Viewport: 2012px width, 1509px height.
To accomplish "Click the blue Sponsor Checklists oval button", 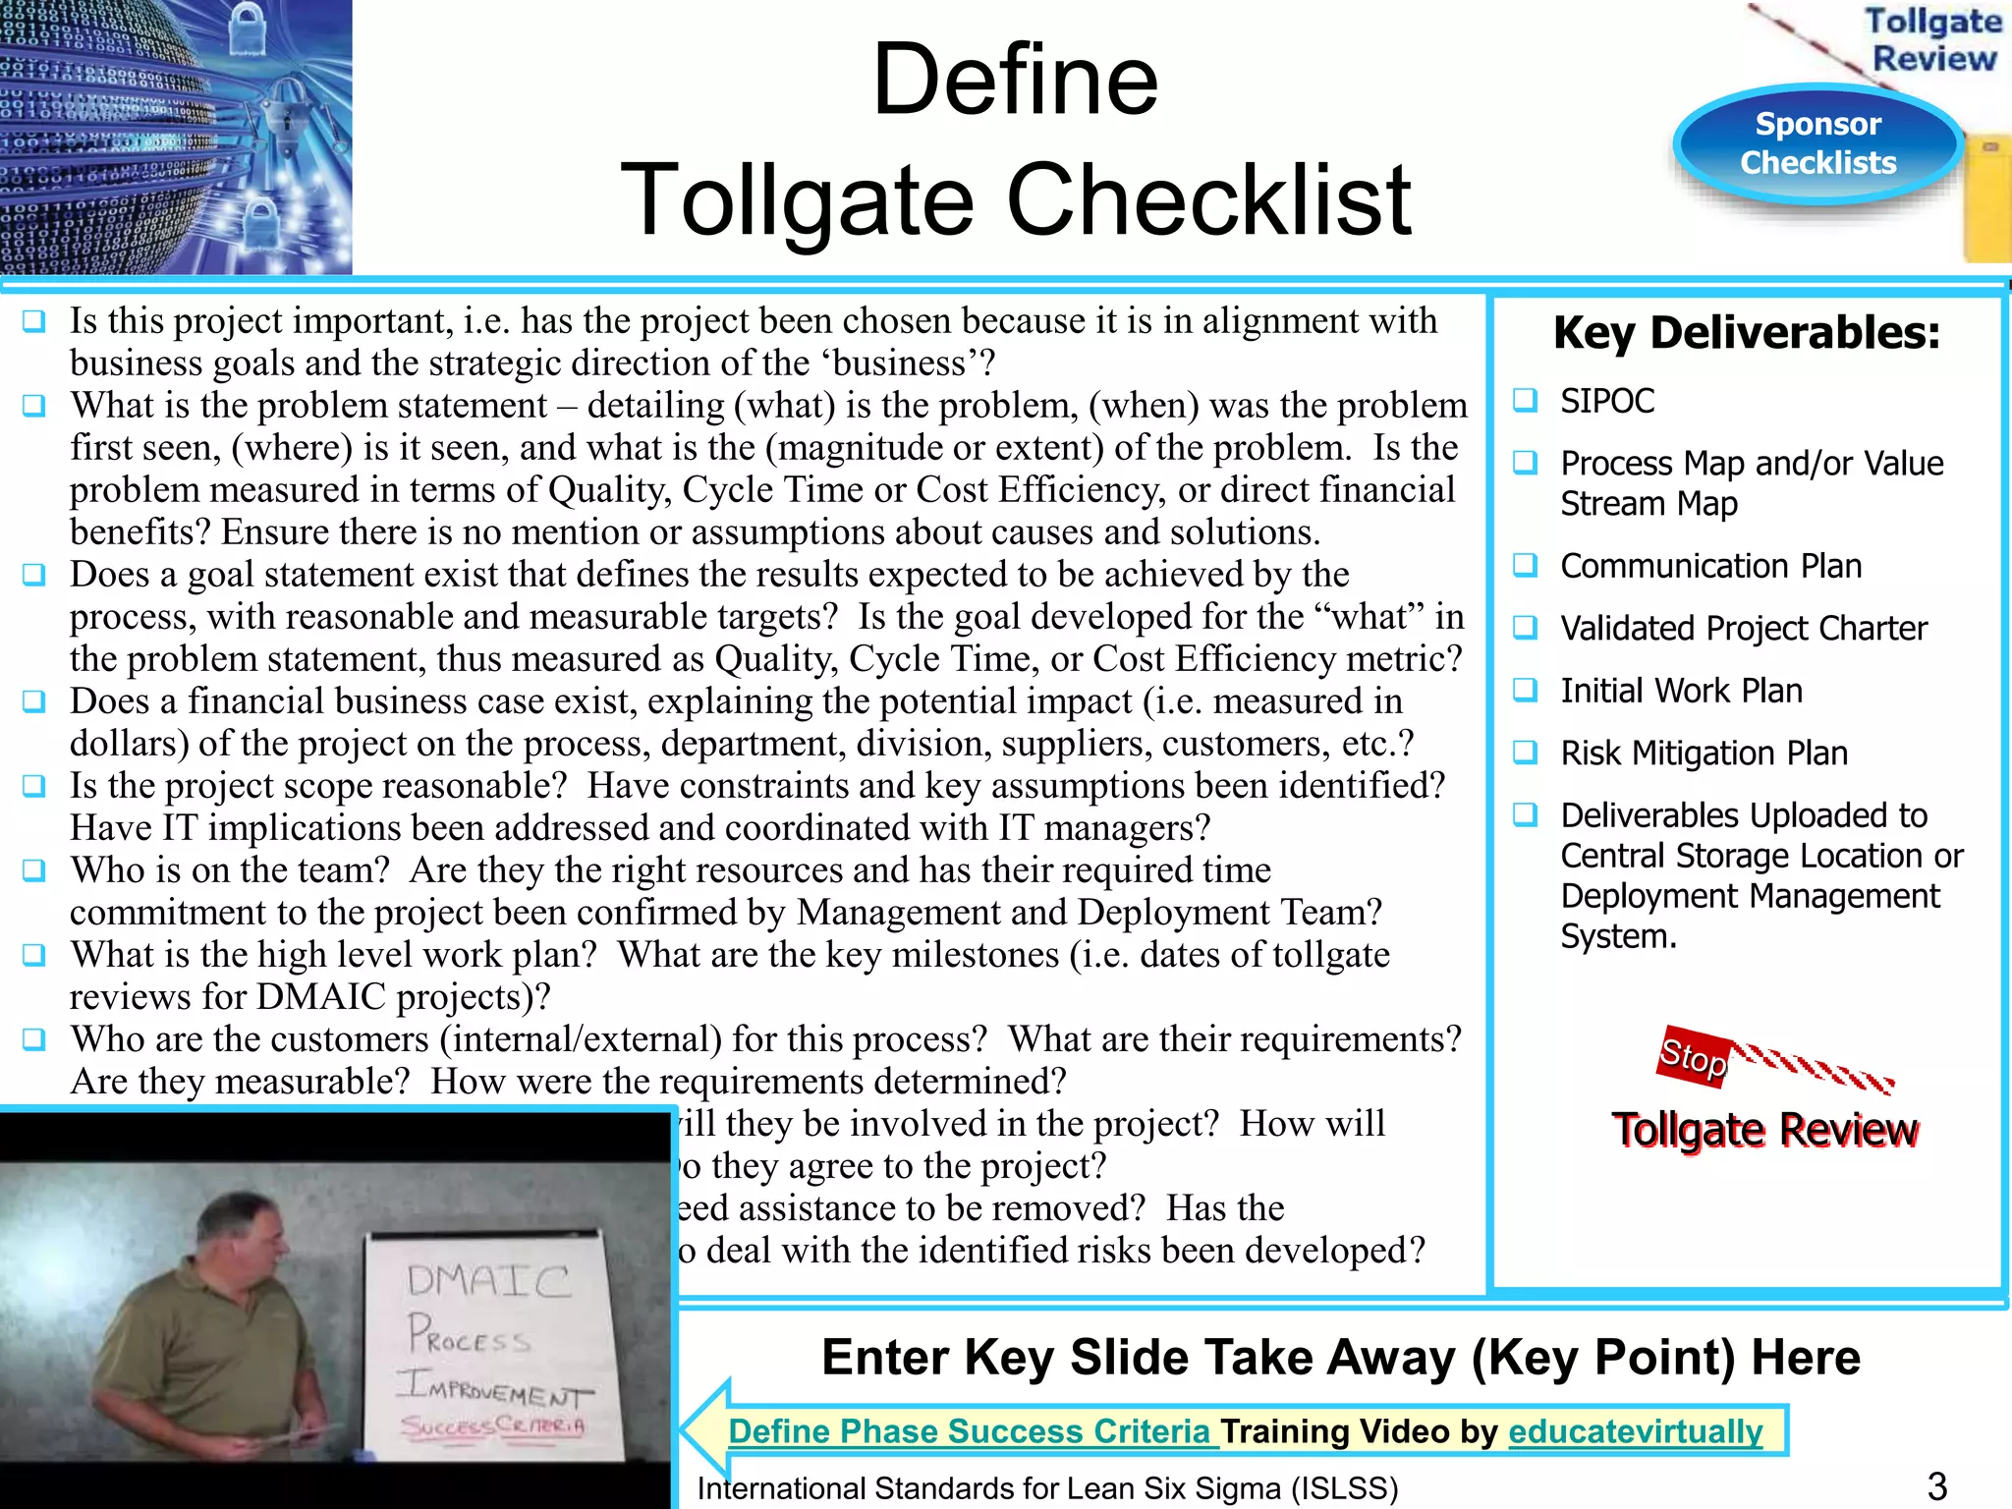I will tap(1817, 143).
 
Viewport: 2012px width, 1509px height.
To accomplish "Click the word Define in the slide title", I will tap(1015, 80).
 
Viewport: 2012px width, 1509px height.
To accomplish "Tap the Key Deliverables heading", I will tap(1746, 333).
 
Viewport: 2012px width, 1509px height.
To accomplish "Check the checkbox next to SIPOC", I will tap(1525, 400).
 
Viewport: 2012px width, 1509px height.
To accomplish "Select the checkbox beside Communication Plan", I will tap(1525, 565).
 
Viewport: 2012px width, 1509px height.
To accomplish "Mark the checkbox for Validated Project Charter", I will tap(1525, 627).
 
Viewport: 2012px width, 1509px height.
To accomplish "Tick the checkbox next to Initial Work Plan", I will tap(1525, 690).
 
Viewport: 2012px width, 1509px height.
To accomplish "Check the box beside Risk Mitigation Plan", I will tap(1525, 753).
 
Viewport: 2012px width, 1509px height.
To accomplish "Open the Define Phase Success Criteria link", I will tap(970, 1431).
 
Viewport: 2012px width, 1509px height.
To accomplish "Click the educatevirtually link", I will tap(1635, 1431).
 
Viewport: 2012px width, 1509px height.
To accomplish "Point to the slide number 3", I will tap(1936, 1486).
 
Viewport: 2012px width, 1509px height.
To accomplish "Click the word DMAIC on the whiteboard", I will tap(488, 1280).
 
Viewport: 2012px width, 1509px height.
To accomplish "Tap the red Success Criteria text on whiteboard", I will tap(493, 1425).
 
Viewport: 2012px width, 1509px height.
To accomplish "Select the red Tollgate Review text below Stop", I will tap(1764, 1130).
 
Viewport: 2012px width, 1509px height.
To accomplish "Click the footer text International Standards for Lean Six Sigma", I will tap(1047, 1488).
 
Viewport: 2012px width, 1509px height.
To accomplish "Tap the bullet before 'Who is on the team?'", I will tap(34, 870).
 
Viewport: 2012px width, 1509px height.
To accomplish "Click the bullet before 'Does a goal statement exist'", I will tap(34, 575).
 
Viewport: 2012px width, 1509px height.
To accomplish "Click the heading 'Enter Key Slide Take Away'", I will tap(1340, 1357).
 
